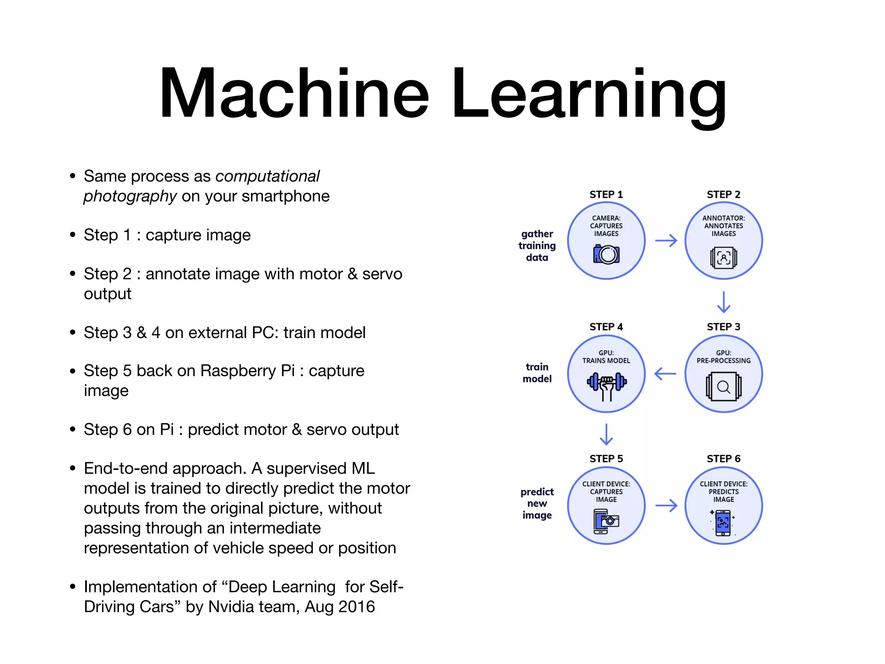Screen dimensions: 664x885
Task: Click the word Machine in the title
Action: [294, 93]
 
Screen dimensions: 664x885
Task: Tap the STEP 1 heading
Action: [606, 195]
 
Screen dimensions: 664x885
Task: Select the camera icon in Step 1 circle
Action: [606, 254]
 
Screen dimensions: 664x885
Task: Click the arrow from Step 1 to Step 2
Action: [666, 240]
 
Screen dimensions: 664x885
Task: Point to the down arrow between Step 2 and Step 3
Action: [723, 302]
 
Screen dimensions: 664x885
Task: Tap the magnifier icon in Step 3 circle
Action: [723, 387]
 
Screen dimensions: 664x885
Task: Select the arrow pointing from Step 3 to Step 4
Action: [665, 373]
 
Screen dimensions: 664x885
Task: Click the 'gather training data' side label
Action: [537, 246]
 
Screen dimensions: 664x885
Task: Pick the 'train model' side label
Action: [537, 373]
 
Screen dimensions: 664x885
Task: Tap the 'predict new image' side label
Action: [537, 504]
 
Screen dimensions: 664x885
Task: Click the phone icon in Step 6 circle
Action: [723, 523]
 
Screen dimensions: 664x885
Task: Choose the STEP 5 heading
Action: [606, 459]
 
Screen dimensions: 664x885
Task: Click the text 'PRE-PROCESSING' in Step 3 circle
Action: [723, 361]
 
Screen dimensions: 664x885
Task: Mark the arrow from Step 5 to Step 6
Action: [666, 505]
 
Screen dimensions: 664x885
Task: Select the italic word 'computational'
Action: [267, 176]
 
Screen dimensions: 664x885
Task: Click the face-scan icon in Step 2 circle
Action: [723, 258]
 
